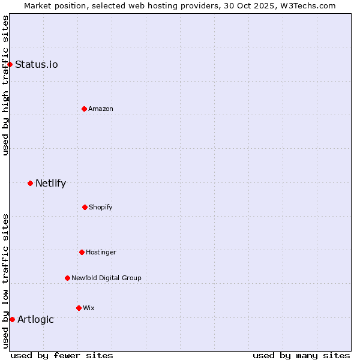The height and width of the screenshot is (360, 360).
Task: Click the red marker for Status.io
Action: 10,64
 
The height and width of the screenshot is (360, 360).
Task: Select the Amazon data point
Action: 84,109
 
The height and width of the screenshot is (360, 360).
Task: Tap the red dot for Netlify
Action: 30,183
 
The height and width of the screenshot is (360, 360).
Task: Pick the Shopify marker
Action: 85,207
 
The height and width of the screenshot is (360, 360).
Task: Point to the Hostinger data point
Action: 82,252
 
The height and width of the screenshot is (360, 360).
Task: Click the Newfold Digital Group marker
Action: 67,278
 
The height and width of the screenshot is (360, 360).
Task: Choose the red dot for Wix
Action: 79,308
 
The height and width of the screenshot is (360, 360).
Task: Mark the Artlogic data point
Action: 12,319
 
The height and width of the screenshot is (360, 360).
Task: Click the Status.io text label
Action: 37,64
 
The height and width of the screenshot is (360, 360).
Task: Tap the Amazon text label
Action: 101,109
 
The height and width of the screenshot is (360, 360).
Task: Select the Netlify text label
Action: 50,183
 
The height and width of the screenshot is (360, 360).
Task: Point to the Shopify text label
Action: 101,207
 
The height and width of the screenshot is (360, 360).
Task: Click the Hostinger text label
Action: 101,252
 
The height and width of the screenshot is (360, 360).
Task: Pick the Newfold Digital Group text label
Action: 106,278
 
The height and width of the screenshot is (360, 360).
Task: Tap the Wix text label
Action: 89,308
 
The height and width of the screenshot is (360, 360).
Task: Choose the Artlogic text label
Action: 35,319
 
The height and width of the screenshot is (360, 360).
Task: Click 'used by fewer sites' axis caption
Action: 62,355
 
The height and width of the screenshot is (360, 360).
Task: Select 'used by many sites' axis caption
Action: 301,355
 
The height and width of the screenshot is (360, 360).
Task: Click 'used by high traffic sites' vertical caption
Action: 5,85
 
